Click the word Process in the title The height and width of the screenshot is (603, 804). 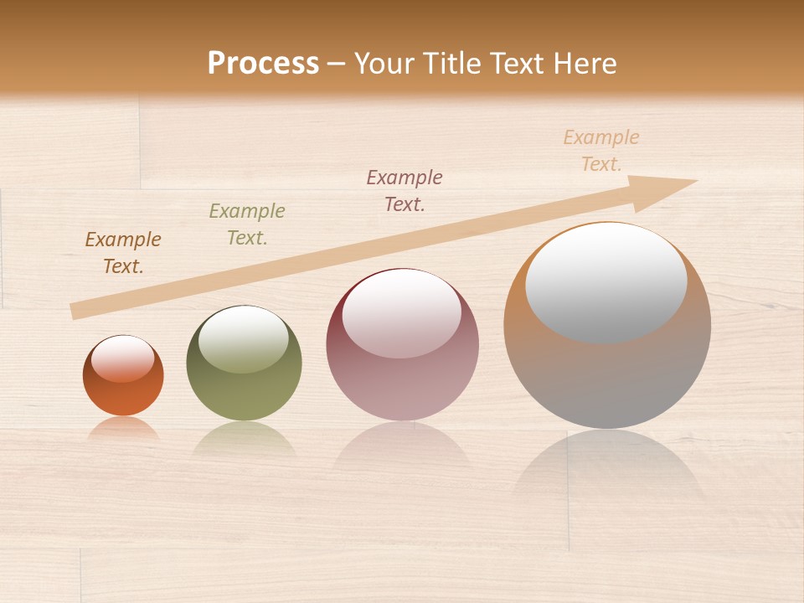click(x=263, y=64)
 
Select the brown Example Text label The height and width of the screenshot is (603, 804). click(x=123, y=253)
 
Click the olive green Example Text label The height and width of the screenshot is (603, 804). click(x=247, y=224)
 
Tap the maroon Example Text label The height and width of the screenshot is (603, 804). click(x=405, y=190)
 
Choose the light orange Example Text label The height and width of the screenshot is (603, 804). click(x=601, y=151)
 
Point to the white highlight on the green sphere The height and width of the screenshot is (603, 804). click(x=244, y=338)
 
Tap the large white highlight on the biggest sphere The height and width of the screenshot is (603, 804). click(x=606, y=281)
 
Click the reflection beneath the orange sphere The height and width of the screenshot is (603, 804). click(x=123, y=429)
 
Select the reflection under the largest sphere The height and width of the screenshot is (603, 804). click(x=607, y=469)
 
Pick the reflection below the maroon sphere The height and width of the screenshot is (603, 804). click(x=402, y=444)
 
